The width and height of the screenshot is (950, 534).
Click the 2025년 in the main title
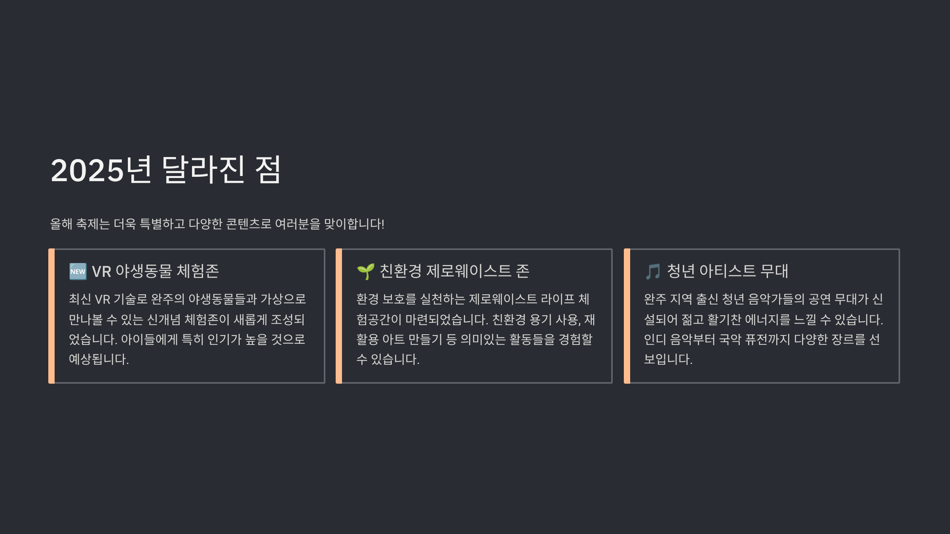pyautogui.click(x=101, y=170)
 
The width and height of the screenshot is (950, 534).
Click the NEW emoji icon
pyautogui.click(x=78, y=271)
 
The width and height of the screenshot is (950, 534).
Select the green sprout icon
pyautogui.click(x=365, y=271)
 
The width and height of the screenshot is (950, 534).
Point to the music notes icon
pyautogui.click(x=653, y=272)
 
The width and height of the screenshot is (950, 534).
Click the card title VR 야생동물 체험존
pyautogui.click(x=155, y=271)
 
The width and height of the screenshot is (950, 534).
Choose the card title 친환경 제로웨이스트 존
pyautogui.click(x=454, y=271)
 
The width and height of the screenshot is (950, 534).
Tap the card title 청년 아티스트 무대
pyautogui.click(x=728, y=271)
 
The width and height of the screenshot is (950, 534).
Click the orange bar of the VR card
pyautogui.click(x=51, y=316)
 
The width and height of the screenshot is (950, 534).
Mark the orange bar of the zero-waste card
pyautogui.click(x=339, y=316)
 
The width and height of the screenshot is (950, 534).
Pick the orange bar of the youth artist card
pyautogui.click(x=627, y=316)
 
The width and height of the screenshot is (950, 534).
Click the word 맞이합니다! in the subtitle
pyautogui.click(x=354, y=224)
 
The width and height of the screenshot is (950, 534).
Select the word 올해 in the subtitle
pyautogui.click(x=61, y=224)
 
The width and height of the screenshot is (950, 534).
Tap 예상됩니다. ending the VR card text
pyautogui.click(x=99, y=359)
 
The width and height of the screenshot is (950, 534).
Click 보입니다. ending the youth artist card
pyautogui.click(x=668, y=359)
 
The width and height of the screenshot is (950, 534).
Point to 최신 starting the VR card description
pyautogui.click(x=80, y=299)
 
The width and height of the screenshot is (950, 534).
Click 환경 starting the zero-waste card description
pyautogui.click(x=367, y=299)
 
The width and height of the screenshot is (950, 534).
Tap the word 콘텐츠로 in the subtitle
pyautogui.click(x=249, y=224)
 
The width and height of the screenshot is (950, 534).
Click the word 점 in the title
pyautogui.click(x=268, y=170)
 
